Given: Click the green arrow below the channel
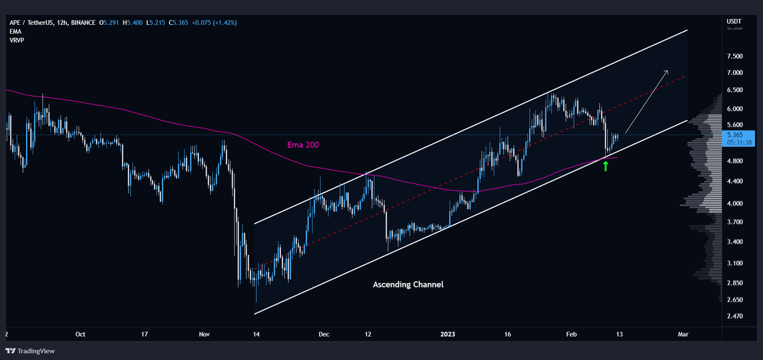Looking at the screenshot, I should (x=605, y=167).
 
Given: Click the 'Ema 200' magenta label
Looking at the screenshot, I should (x=301, y=145).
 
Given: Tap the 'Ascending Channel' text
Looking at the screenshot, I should (x=408, y=284).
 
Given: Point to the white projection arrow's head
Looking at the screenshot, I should (x=666, y=72).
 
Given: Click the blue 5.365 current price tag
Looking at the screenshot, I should (x=739, y=135).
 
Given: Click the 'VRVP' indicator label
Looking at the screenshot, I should (x=17, y=40).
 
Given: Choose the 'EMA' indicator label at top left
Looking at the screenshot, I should (x=16, y=31).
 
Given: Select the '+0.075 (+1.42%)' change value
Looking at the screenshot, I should (x=214, y=23).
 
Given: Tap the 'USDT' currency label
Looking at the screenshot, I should (x=734, y=22).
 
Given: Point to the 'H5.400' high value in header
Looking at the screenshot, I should (x=137, y=23).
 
